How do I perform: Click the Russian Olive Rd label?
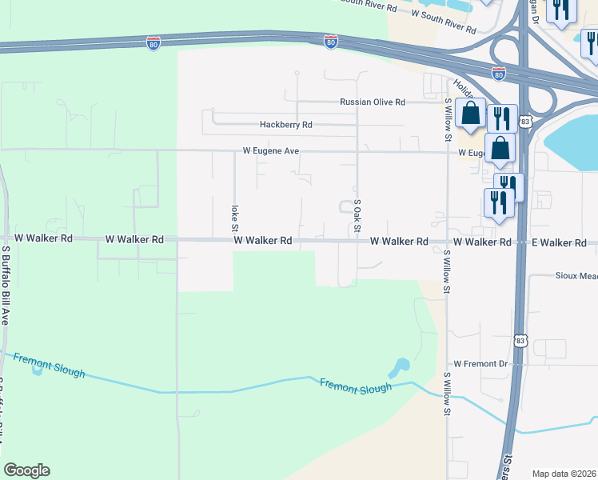[x=373, y=102]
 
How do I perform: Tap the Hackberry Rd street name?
[x=285, y=125]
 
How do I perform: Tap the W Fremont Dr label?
[x=480, y=364]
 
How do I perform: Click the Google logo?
[x=26, y=470]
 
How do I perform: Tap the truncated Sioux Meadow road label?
[x=576, y=275]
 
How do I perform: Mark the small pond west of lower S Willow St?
[x=397, y=368]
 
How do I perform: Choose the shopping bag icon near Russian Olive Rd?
[x=472, y=115]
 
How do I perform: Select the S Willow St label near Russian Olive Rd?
[x=448, y=117]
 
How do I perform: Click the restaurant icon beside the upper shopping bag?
[x=502, y=118]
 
